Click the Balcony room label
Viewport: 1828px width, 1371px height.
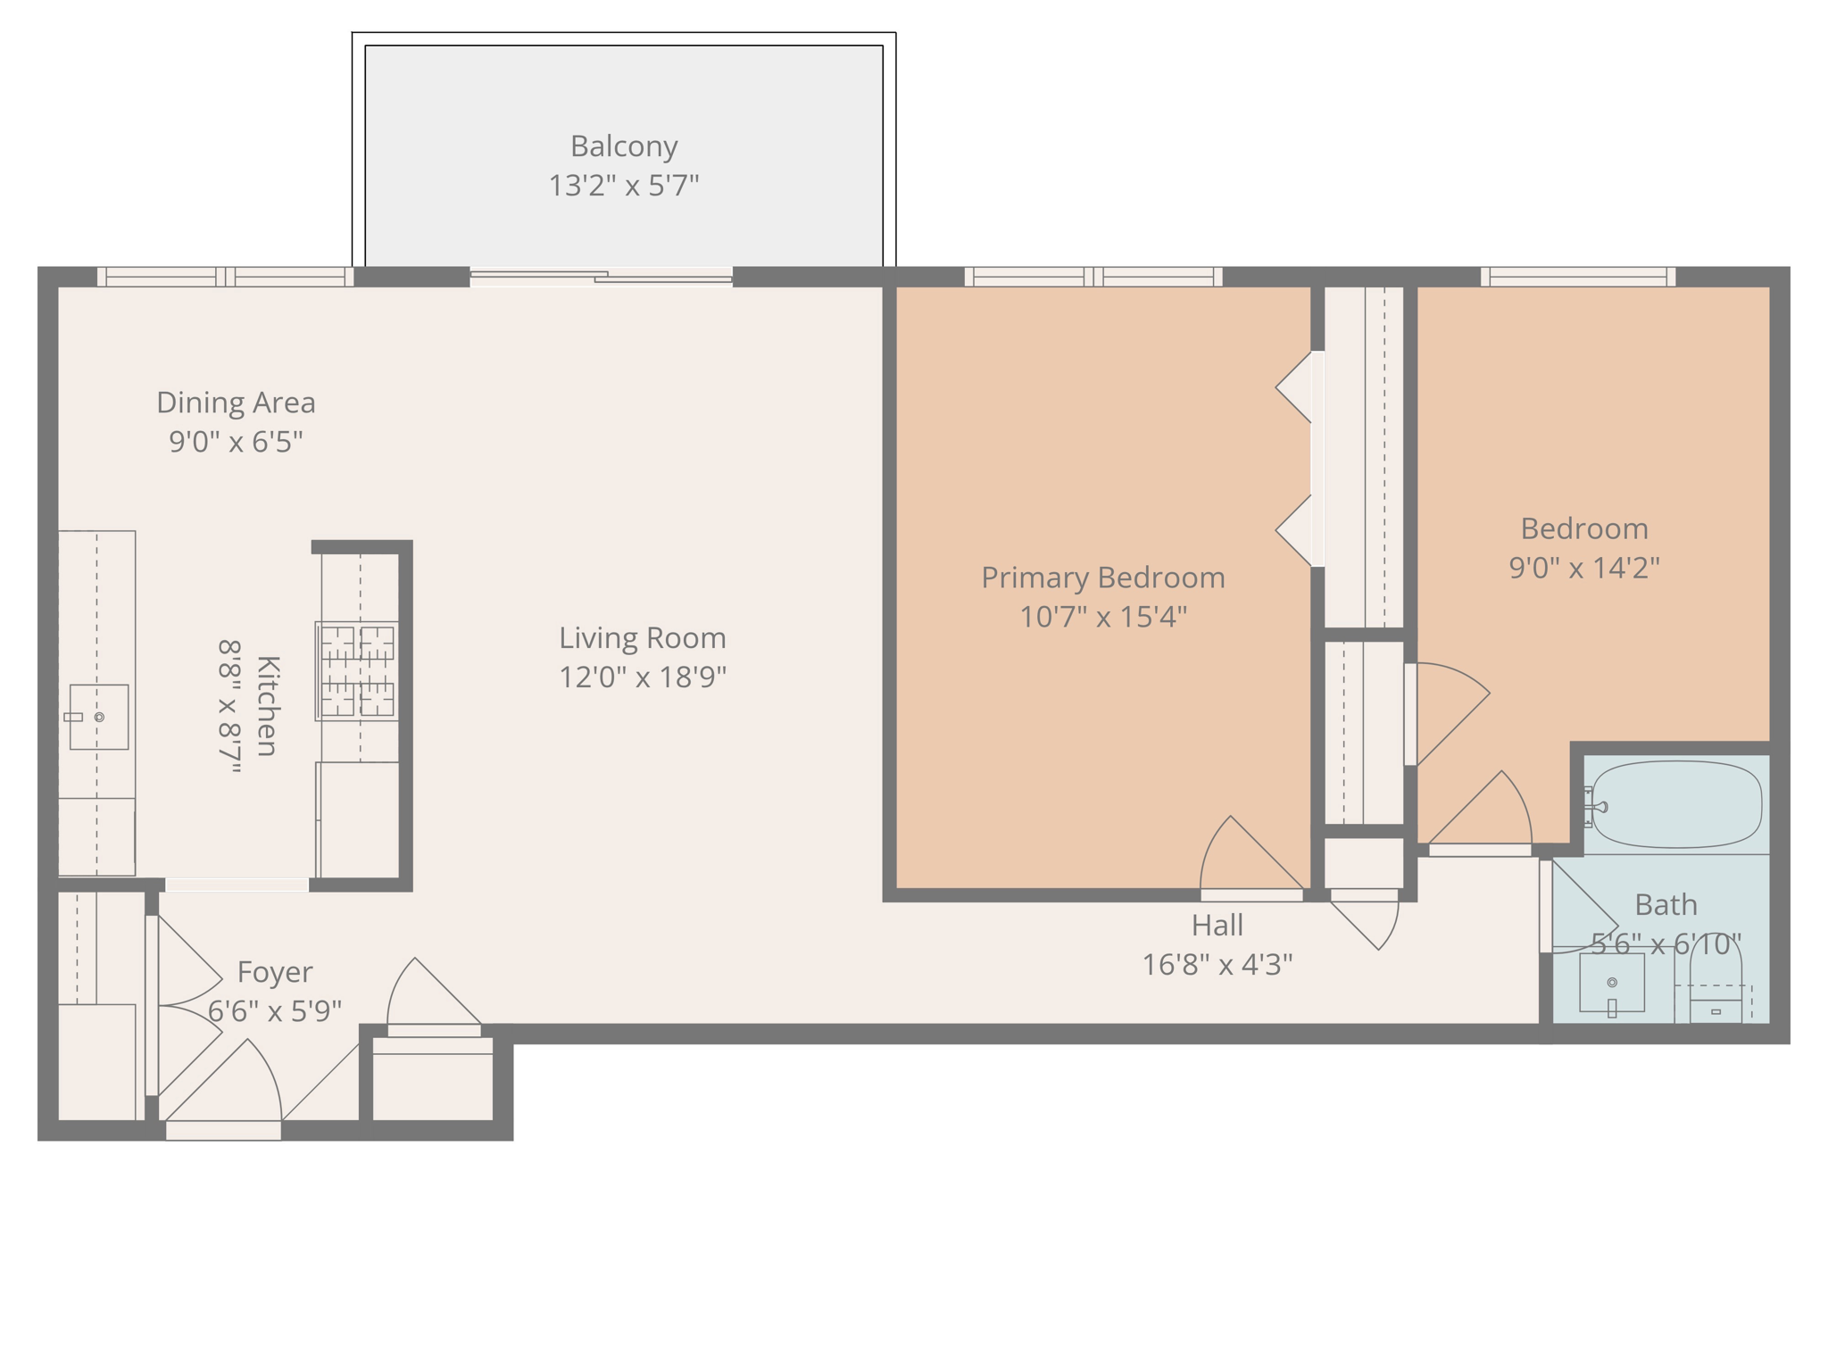(x=624, y=145)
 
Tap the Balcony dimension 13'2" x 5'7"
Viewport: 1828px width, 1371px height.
(x=624, y=186)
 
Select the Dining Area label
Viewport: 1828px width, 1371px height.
(x=236, y=403)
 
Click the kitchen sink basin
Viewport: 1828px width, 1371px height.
(x=99, y=717)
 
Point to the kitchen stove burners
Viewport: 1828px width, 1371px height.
(x=358, y=670)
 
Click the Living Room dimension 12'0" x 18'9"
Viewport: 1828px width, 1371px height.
(x=643, y=677)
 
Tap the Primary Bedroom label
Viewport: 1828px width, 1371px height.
(x=1103, y=577)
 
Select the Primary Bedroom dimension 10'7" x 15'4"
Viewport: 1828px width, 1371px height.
(x=1103, y=617)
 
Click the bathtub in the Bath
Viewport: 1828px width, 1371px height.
(x=1676, y=804)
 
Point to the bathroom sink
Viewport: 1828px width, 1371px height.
(x=1612, y=983)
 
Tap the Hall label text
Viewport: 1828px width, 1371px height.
(x=1217, y=926)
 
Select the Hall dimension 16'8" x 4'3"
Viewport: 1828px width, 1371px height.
(x=1217, y=965)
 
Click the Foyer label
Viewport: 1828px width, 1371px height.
(x=275, y=972)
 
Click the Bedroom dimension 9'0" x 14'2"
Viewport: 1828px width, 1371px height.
(x=1584, y=568)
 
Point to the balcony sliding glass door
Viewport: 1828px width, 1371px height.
(x=601, y=277)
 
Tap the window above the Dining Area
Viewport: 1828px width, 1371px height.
(x=225, y=277)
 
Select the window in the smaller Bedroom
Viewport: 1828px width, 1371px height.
(x=1578, y=277)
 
